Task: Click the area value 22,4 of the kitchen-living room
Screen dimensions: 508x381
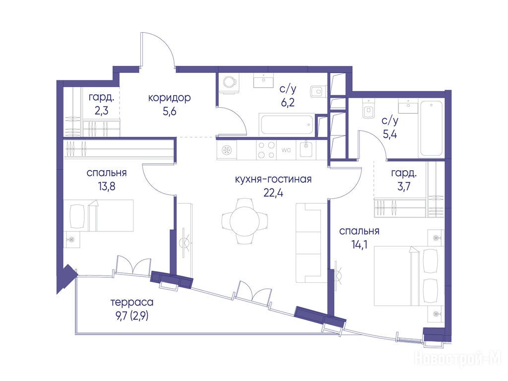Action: click(273, 193)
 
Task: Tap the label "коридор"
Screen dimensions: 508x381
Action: click(170, 98)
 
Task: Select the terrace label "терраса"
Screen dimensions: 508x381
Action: click(132, 302)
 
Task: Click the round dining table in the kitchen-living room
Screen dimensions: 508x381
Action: click(245, 221)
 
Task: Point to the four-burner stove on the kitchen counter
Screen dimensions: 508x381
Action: click(266, 150)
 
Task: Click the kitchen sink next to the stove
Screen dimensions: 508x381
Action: click(305, 150)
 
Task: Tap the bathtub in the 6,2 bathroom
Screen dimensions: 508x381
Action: click(286, 124)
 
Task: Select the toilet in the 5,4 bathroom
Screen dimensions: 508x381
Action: click(369, 109)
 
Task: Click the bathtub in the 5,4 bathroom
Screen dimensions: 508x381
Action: click(431, 128)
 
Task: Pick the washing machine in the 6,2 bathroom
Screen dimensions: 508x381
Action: click(228, 83)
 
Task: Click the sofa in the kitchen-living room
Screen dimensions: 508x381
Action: click(311, 243)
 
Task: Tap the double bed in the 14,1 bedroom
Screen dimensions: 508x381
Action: click(409, 276)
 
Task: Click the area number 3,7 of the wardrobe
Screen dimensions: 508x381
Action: click(404, 187)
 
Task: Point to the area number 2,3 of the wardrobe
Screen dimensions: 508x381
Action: click(101, 111)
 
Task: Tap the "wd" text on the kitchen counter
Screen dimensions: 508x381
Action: click(286, 150)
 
